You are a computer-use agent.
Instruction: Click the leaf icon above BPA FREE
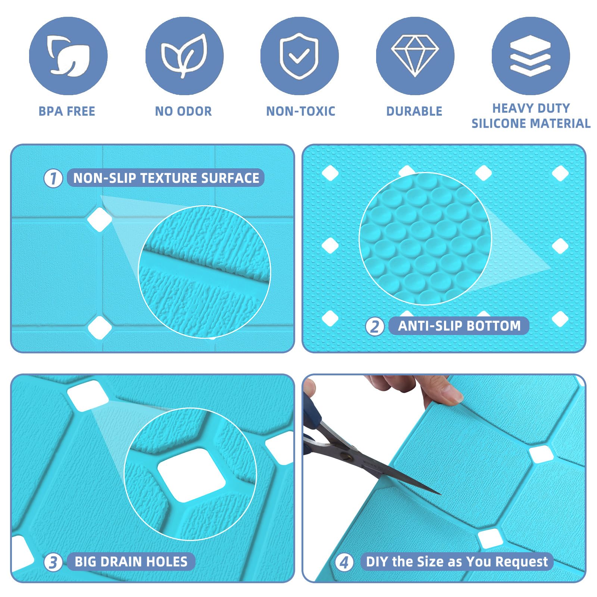68,56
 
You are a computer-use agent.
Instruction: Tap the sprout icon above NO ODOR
184,56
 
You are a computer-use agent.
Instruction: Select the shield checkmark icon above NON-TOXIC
299,56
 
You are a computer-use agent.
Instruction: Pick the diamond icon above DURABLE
415,56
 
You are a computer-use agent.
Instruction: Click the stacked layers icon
530,56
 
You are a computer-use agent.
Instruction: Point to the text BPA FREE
67,111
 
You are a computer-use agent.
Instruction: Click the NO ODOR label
183,111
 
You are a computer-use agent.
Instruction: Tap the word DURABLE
414,111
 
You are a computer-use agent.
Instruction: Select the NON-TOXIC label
300,111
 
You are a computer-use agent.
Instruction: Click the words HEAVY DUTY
531,108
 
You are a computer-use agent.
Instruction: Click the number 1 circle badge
53,178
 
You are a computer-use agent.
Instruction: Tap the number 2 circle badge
375,326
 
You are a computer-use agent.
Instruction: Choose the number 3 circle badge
53,562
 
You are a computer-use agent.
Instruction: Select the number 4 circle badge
344,562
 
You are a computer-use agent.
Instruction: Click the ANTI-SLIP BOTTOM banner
459,326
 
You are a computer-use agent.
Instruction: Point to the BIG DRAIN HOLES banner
131,562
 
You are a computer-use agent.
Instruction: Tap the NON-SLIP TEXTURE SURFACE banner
166,178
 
